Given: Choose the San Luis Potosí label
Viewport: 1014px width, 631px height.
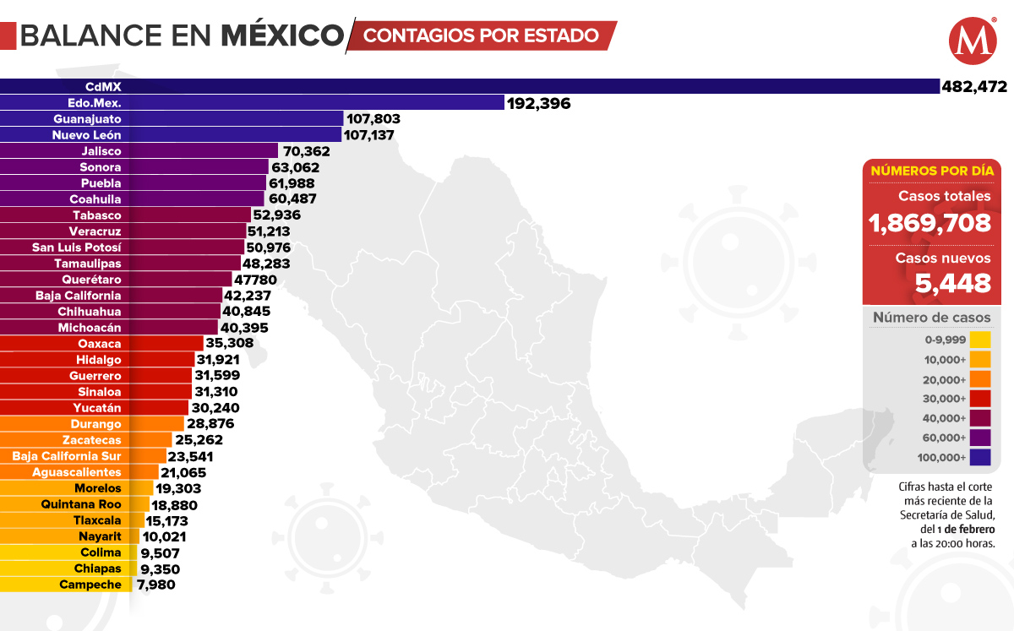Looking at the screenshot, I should tap(77, 248).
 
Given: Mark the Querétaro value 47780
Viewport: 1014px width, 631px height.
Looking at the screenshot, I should tap(259, 280).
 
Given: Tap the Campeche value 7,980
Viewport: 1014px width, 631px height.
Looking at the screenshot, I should tap(154, 585).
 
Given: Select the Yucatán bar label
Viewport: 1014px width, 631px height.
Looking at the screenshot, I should tap(99, 408).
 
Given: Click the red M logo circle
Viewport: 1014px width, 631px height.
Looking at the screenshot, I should tap(972, 41).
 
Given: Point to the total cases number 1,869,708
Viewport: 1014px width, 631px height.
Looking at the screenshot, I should tap(930, 223).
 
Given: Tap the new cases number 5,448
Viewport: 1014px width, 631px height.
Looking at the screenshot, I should tap(953, 284).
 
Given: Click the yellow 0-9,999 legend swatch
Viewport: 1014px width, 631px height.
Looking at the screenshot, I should tap(980, 340).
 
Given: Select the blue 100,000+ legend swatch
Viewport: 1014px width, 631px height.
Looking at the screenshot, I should tap(980, 458).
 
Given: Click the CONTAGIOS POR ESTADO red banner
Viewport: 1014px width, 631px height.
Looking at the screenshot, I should tap(482, 36).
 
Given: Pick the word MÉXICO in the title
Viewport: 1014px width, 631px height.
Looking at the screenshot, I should tap(282, 35).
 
